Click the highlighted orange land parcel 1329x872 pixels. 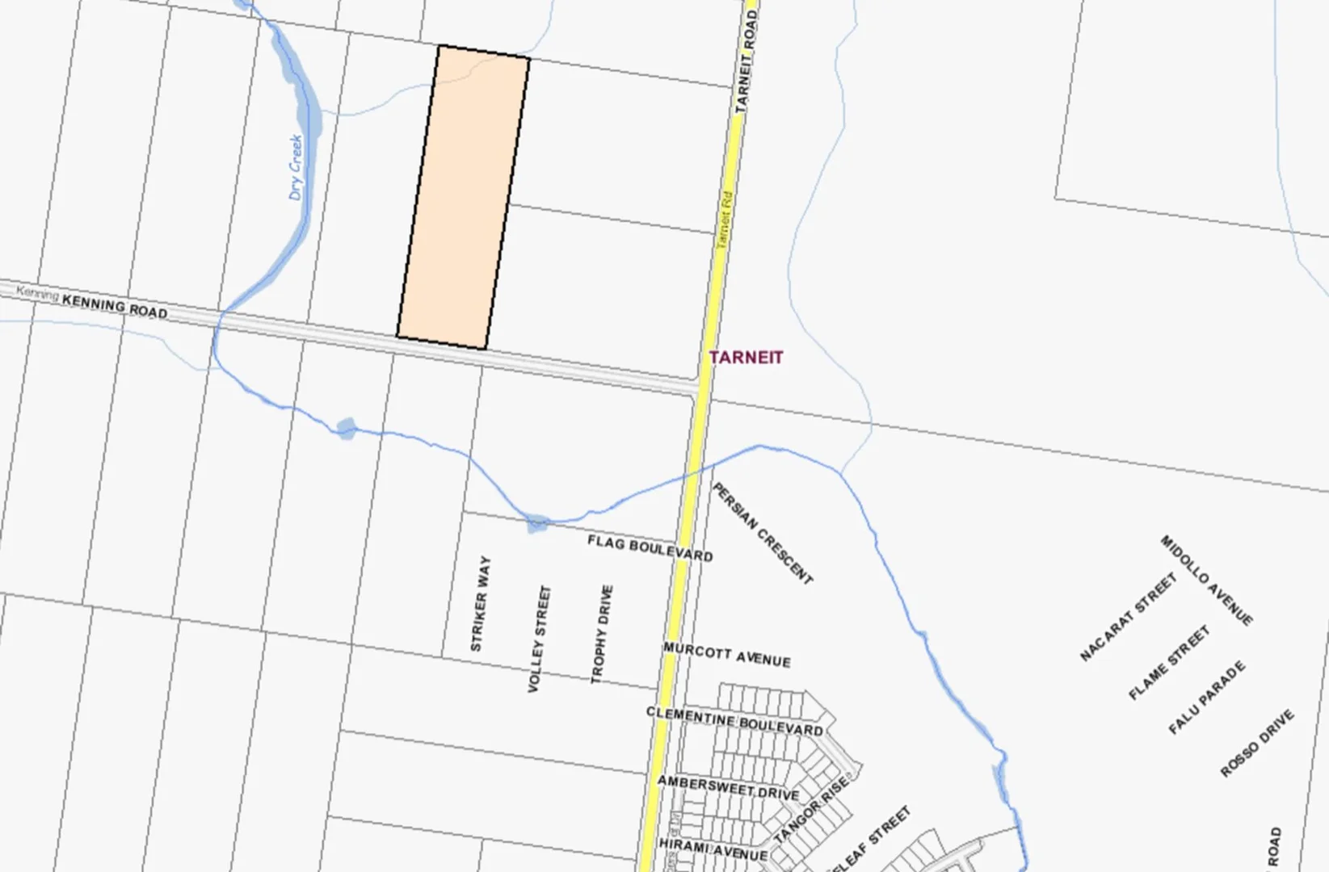pyautogui.click(x=463, y=198)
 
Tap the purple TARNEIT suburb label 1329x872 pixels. pyautogui.click(x=746, y=357)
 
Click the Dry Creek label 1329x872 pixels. pyautogui.click(x=297, y=167)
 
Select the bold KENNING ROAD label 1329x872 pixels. pyautogui.click(x=115, y=307)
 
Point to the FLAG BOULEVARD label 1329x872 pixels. pyautogui.click(x=650, y=548)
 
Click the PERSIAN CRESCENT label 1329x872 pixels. pyautogui.click(x=762, y=533)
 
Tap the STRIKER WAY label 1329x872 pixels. pyautogui.click(x=480, y=603)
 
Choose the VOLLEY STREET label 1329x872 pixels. pyautogui.click(x=539, y=639)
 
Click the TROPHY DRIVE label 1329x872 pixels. pyautogui.click(x=602, y=635)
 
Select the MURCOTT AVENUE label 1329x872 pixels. pyautogui.click(x=726, y=655)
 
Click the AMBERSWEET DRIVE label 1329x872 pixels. pyautogui.click(x=727, y=787)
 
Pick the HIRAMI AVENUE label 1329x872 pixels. pyautogui.click(x=713, y=849)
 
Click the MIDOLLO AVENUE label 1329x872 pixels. pyautogui.click(x=1206, y=580)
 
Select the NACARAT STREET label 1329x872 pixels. pyautogui.click(x=1128, y=617)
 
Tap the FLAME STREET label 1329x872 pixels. pyautogui.click(x=1169, y=662)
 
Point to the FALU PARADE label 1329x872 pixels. pyautogui.click(x=1207, y=698)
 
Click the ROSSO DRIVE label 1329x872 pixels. pyautogui.click(x=1256, y=743)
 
